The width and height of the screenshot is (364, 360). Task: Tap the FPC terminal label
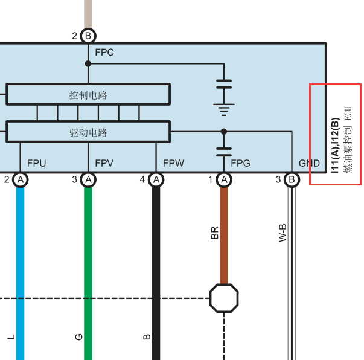(104, 53)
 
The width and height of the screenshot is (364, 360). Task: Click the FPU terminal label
(36, 163)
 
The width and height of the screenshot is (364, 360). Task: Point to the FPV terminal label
(104, 163)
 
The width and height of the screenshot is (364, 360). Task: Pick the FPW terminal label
(173, 163)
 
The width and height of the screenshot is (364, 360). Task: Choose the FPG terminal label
(240, 163)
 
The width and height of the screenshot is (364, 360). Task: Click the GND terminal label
(309, 163)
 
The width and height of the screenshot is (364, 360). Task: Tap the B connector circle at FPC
(88, 36)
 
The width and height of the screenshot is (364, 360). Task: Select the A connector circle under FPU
(21, 180)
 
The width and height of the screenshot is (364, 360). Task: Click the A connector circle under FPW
(156, 180)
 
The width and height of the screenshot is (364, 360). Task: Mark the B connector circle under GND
(292, 180)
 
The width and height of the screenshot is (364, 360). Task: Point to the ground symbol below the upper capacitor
(224, 109)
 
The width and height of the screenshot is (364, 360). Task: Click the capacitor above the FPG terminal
(224, 152)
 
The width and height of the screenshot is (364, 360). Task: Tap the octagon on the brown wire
(224, 298)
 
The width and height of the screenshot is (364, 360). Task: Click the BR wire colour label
(215, 233)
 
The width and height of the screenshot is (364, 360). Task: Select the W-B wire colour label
(283, 233)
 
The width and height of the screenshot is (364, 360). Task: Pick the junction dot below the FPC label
(88, 63)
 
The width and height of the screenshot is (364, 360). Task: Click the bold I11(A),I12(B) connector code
(336, 146)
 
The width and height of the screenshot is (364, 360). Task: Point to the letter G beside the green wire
(79, 337)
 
